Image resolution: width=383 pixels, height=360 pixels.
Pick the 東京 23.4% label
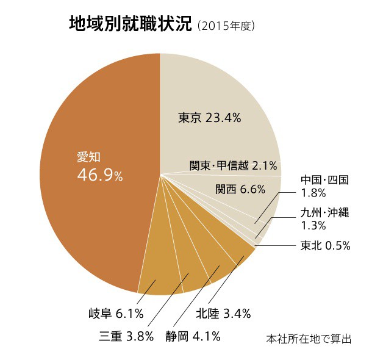click(210, 118)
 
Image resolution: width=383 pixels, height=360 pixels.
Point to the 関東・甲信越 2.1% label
click(232, 165)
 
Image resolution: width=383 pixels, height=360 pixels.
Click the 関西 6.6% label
click(240, 189)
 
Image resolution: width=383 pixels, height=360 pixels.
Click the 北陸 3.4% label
click(223, 314)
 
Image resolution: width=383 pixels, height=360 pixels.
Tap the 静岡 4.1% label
click(192, 336)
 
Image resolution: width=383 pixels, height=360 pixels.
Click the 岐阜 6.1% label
click(116, 314)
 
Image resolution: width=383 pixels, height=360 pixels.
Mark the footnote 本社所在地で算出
click(309, 338)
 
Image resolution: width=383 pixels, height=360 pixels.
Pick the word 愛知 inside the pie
click(87, 156)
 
